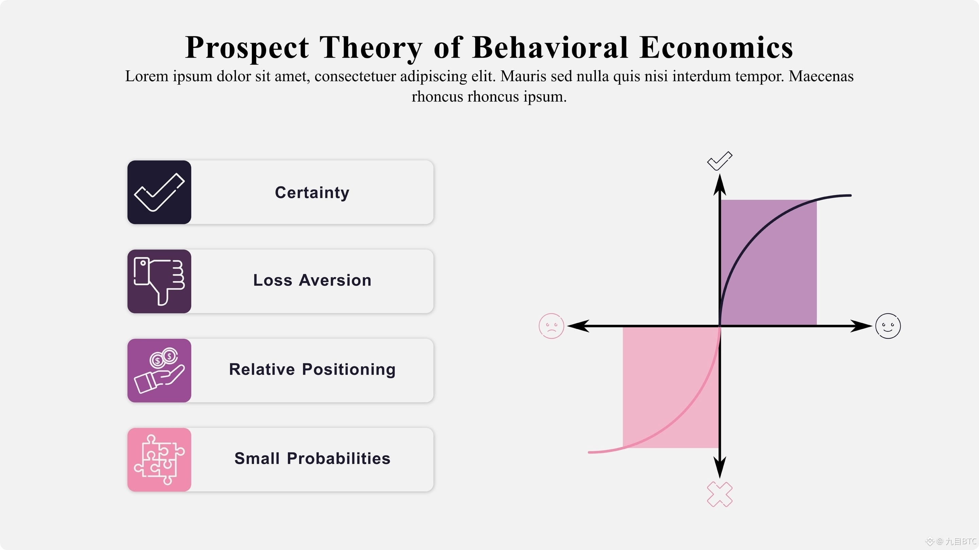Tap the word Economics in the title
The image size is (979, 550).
coord(716,48)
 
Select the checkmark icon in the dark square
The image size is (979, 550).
coord(159,192)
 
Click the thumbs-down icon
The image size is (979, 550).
coord(159,281)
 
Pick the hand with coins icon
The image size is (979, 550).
coord(159,370)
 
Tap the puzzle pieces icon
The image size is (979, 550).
coord(159,460)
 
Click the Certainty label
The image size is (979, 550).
coord(312,193)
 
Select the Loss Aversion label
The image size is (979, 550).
coord(312,280)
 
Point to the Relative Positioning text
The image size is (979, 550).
coord(312,370)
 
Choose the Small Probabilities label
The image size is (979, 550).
coord(312,459)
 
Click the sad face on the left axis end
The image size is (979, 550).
coord(551,326)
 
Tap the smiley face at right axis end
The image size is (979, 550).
coord(888,326)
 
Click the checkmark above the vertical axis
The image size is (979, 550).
coord(719,161)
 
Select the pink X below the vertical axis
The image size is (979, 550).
coord(719,494)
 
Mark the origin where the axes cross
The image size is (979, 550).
coord(719,326)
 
